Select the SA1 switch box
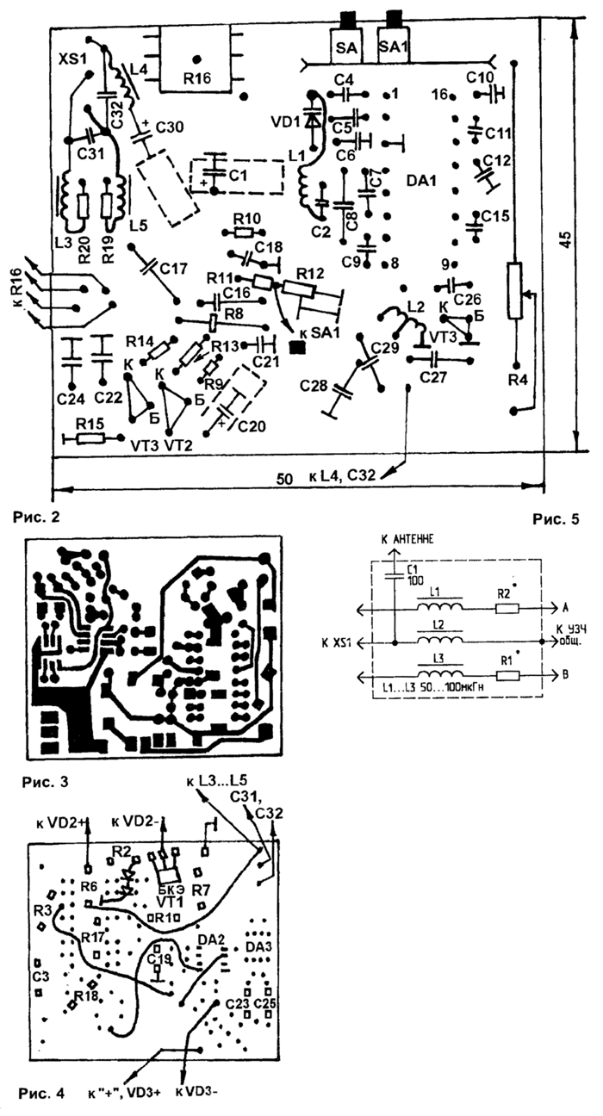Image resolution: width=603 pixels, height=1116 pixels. point(394,46)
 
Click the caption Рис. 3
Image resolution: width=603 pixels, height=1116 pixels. point(50,784)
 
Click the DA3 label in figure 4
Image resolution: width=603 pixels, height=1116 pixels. point(258,947)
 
